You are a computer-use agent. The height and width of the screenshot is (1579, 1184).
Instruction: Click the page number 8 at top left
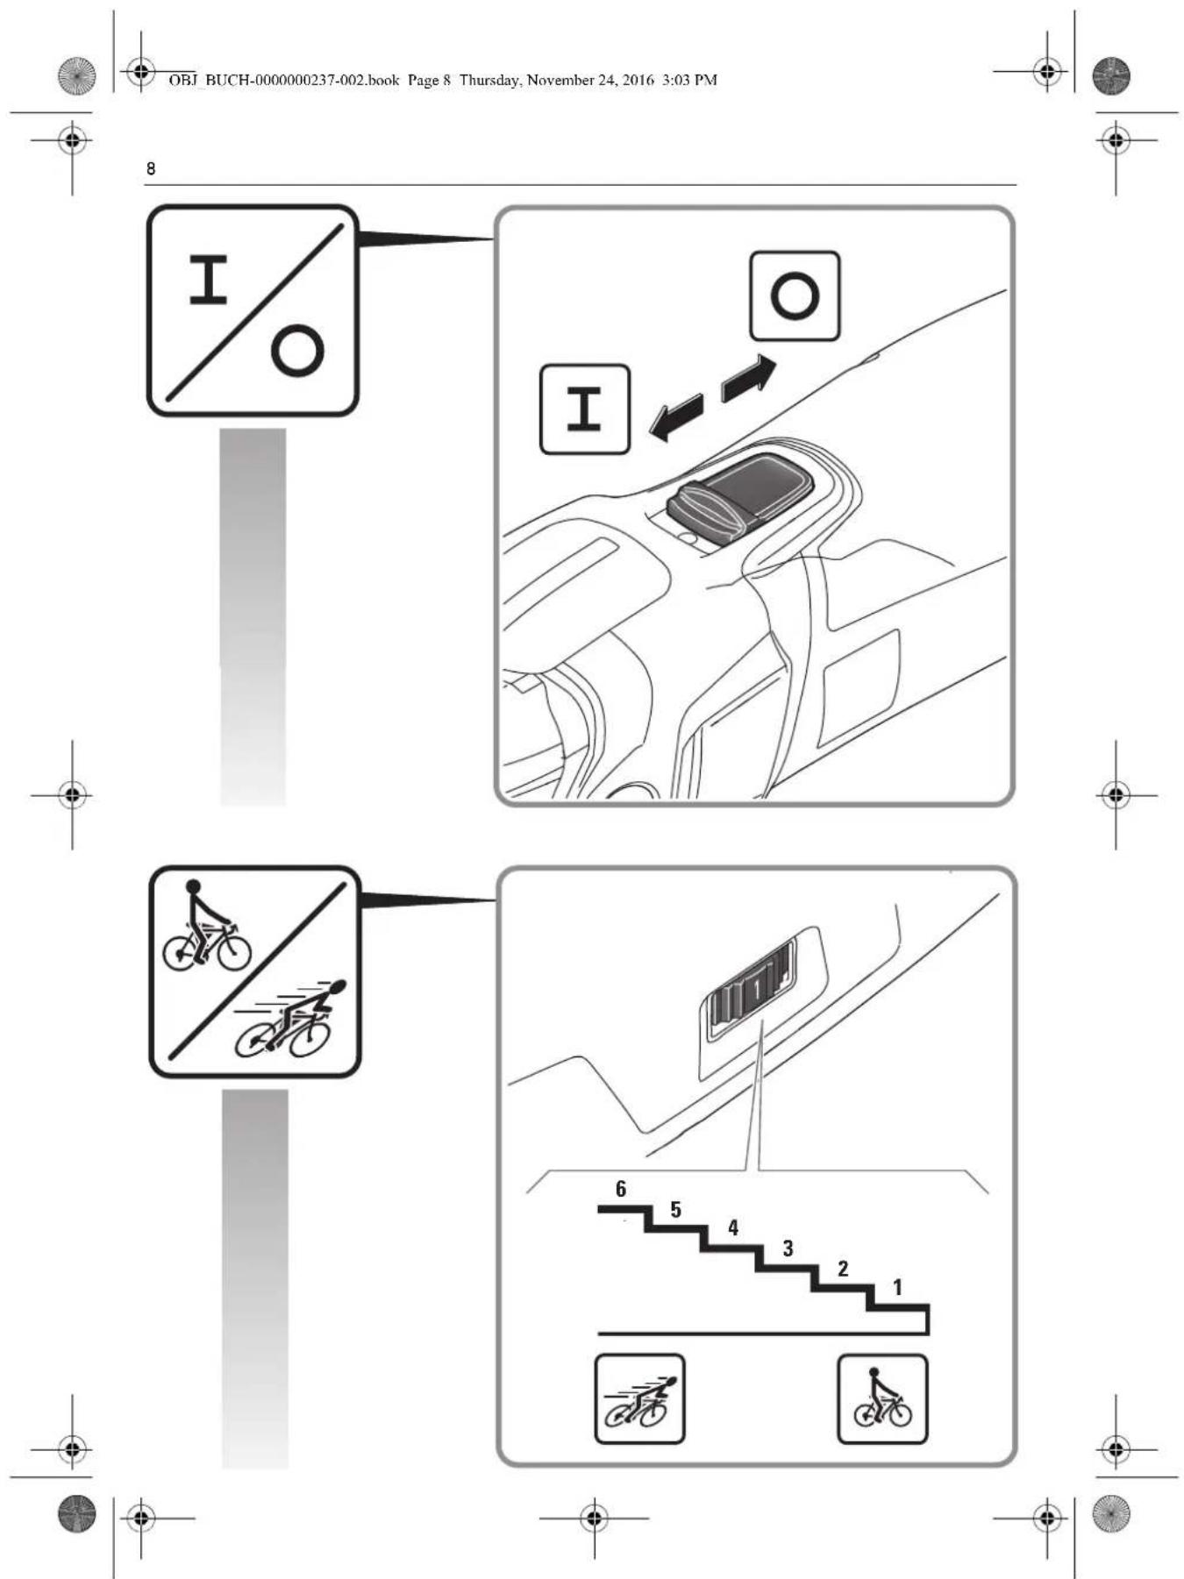click(x=151, y=168)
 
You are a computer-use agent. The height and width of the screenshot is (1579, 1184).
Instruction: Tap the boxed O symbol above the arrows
click(x=795, y=295)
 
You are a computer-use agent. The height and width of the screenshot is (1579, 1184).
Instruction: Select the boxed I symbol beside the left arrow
click(x=584, y=409)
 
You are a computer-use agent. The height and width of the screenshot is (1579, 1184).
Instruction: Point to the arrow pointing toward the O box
click(x=748, y=378)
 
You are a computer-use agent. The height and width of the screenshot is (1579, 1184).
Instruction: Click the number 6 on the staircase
click(x=621, y=1189)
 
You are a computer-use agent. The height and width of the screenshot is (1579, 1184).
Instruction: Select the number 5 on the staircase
click(x=675, y=1210)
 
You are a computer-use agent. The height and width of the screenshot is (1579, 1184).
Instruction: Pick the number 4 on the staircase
click(x=733, y=1228)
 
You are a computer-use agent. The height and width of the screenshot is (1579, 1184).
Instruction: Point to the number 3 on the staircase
click(x=788, y=1248)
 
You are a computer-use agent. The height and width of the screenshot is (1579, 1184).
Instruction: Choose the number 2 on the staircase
click(x=843, y=1269)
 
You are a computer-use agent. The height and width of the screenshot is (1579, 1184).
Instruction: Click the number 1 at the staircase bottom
click(x=897, y=1287)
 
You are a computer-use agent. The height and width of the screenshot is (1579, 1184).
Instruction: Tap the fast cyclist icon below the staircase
click(x=639, y=1399)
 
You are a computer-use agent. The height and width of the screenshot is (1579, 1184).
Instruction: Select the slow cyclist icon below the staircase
click(x=882, y=1399)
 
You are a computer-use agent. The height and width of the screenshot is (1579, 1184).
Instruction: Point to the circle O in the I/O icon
click(x=297, y=351)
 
